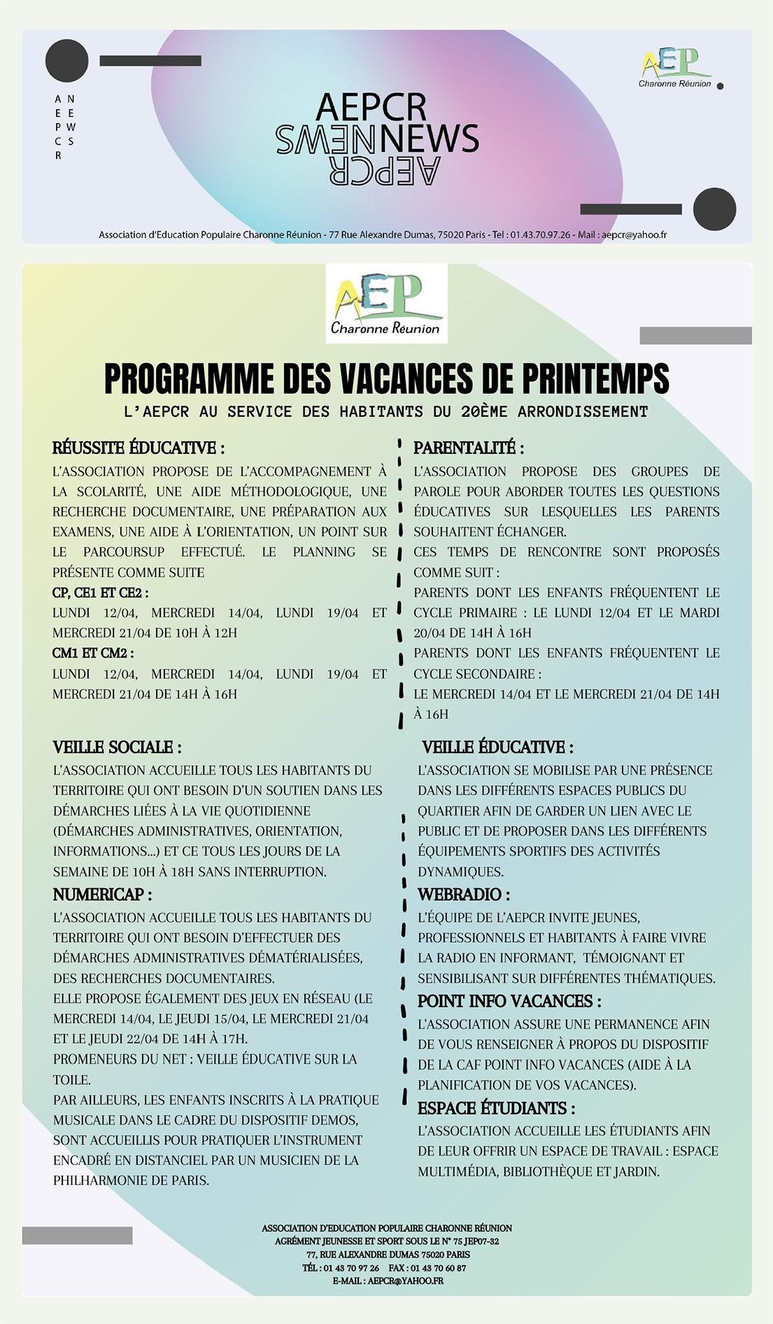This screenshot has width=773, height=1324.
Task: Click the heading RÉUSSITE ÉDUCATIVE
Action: pos(139,448)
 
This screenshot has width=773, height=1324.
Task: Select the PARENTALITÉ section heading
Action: pos(468,448)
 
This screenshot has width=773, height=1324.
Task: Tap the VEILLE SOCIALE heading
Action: pos(117,747)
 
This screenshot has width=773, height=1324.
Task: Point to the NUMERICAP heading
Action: pos(102,894)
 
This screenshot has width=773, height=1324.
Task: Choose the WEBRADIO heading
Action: pos(464,894)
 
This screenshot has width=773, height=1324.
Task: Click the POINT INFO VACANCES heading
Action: pos(509,1001)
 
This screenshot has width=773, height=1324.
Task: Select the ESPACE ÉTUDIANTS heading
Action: pos(496,1108)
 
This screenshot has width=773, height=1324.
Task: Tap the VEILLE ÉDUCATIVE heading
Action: pos(497,747)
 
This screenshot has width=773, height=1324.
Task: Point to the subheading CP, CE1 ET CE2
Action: pos(100,592)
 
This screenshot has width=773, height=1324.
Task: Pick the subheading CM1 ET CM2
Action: pos(92,653)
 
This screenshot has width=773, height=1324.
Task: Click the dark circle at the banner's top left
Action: pos(67,61)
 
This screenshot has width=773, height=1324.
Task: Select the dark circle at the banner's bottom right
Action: pos(714,209)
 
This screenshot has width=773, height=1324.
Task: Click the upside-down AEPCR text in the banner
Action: pos(384,171)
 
